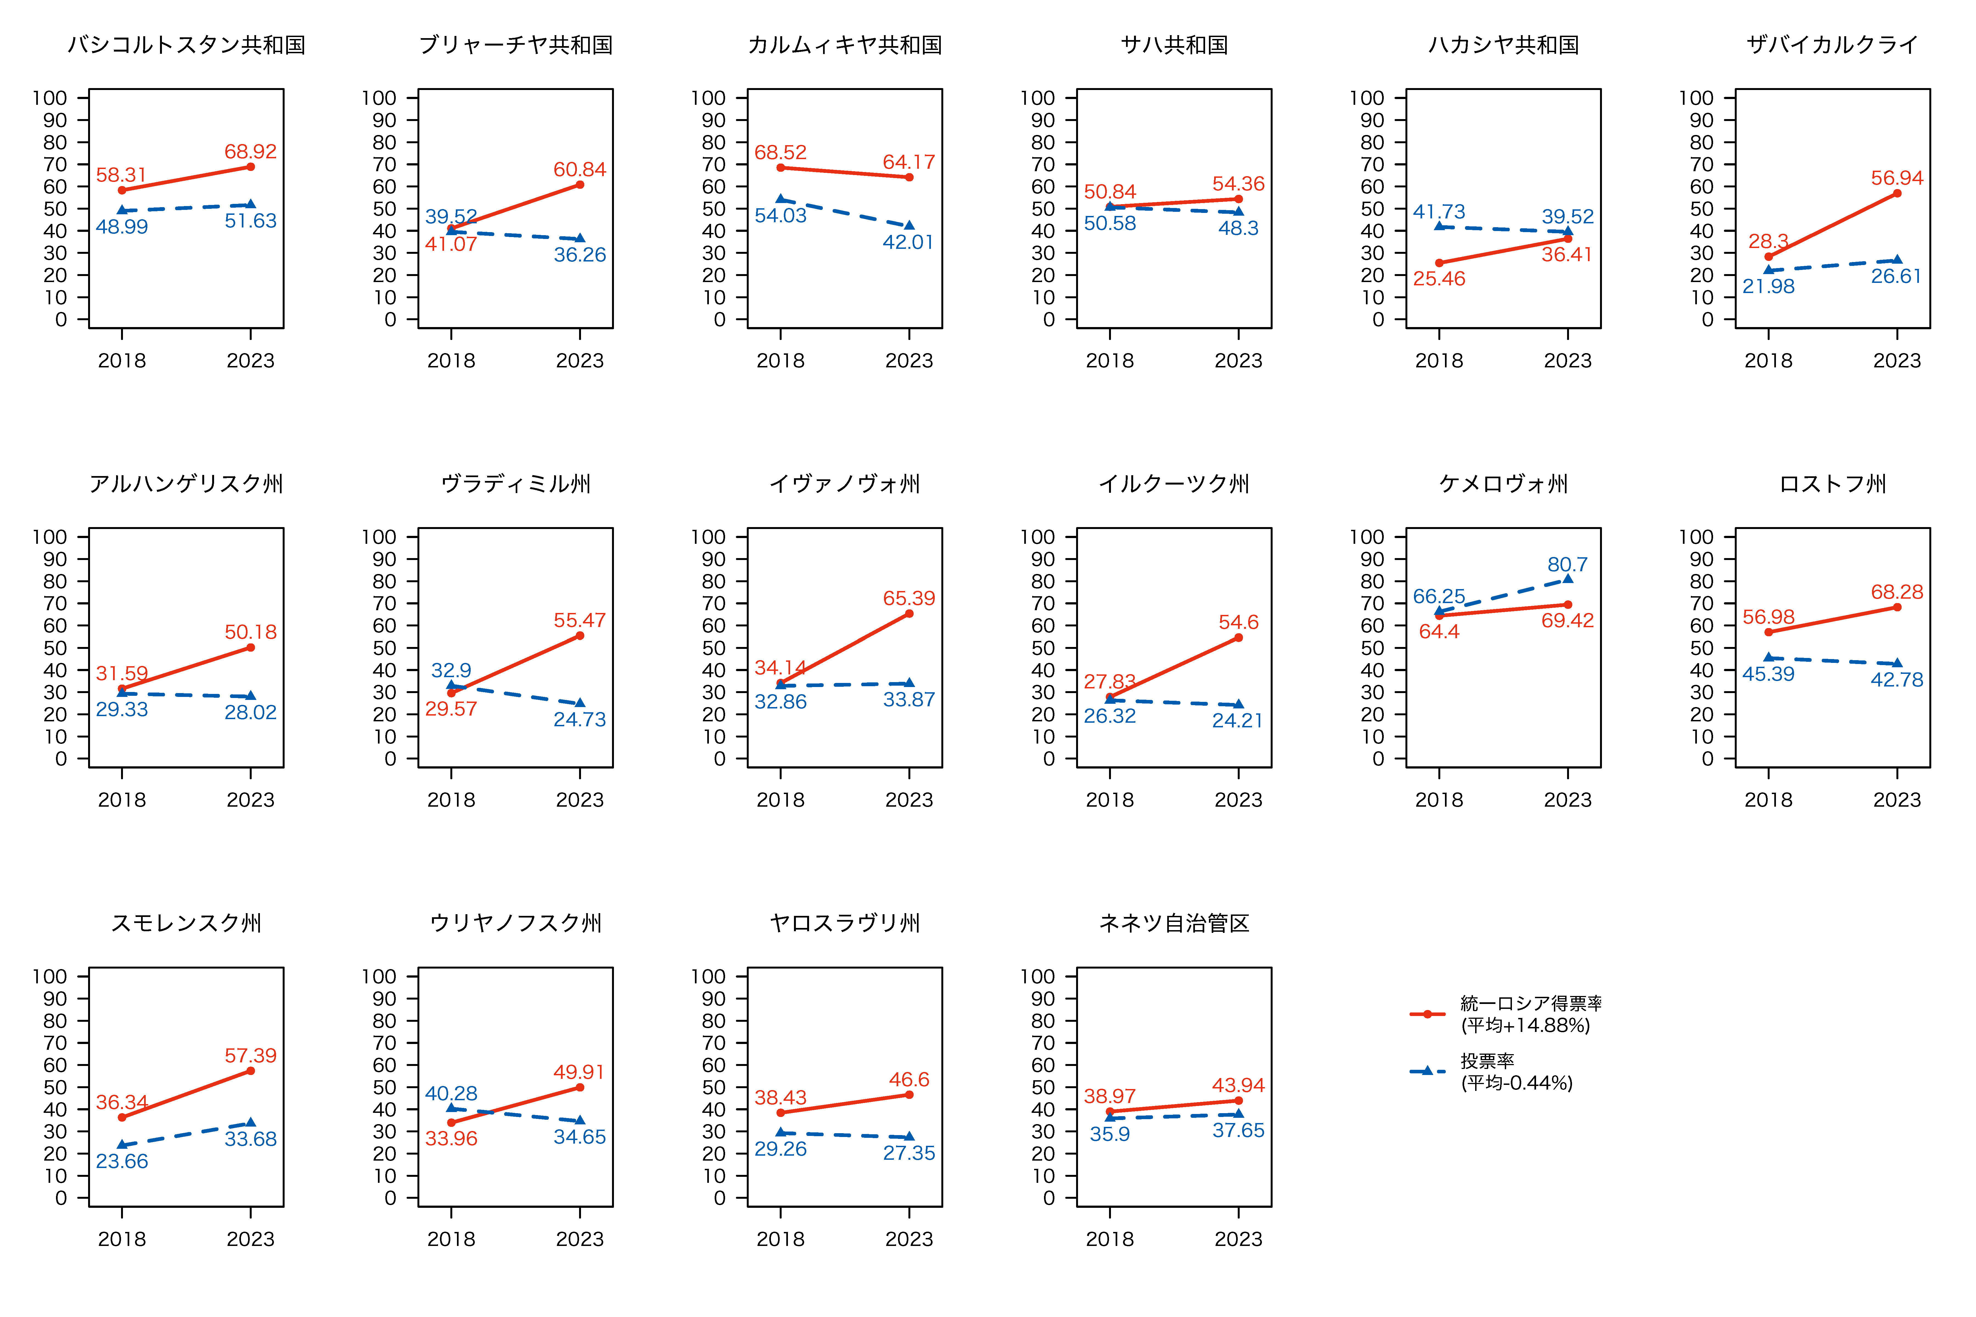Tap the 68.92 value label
pyautogui.click(x=250, y=152)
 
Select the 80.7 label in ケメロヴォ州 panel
pyautogui.click(x=1568, y=564)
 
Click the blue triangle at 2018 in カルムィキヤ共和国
pyautogui.click(x=781, y=199)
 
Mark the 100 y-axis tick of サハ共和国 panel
pyautogui.click(x=1038, y=98)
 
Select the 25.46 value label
pyautogui.click(x=1439, y=279)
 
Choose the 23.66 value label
pyautogui.click(x=122, y=1162)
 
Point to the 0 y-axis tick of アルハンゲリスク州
pyautogui.click(x=61, y=759)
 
